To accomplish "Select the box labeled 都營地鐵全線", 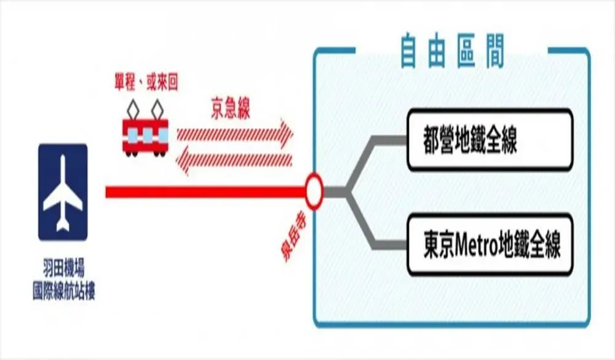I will pos(490,140).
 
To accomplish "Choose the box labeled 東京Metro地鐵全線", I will pos(490,245).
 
